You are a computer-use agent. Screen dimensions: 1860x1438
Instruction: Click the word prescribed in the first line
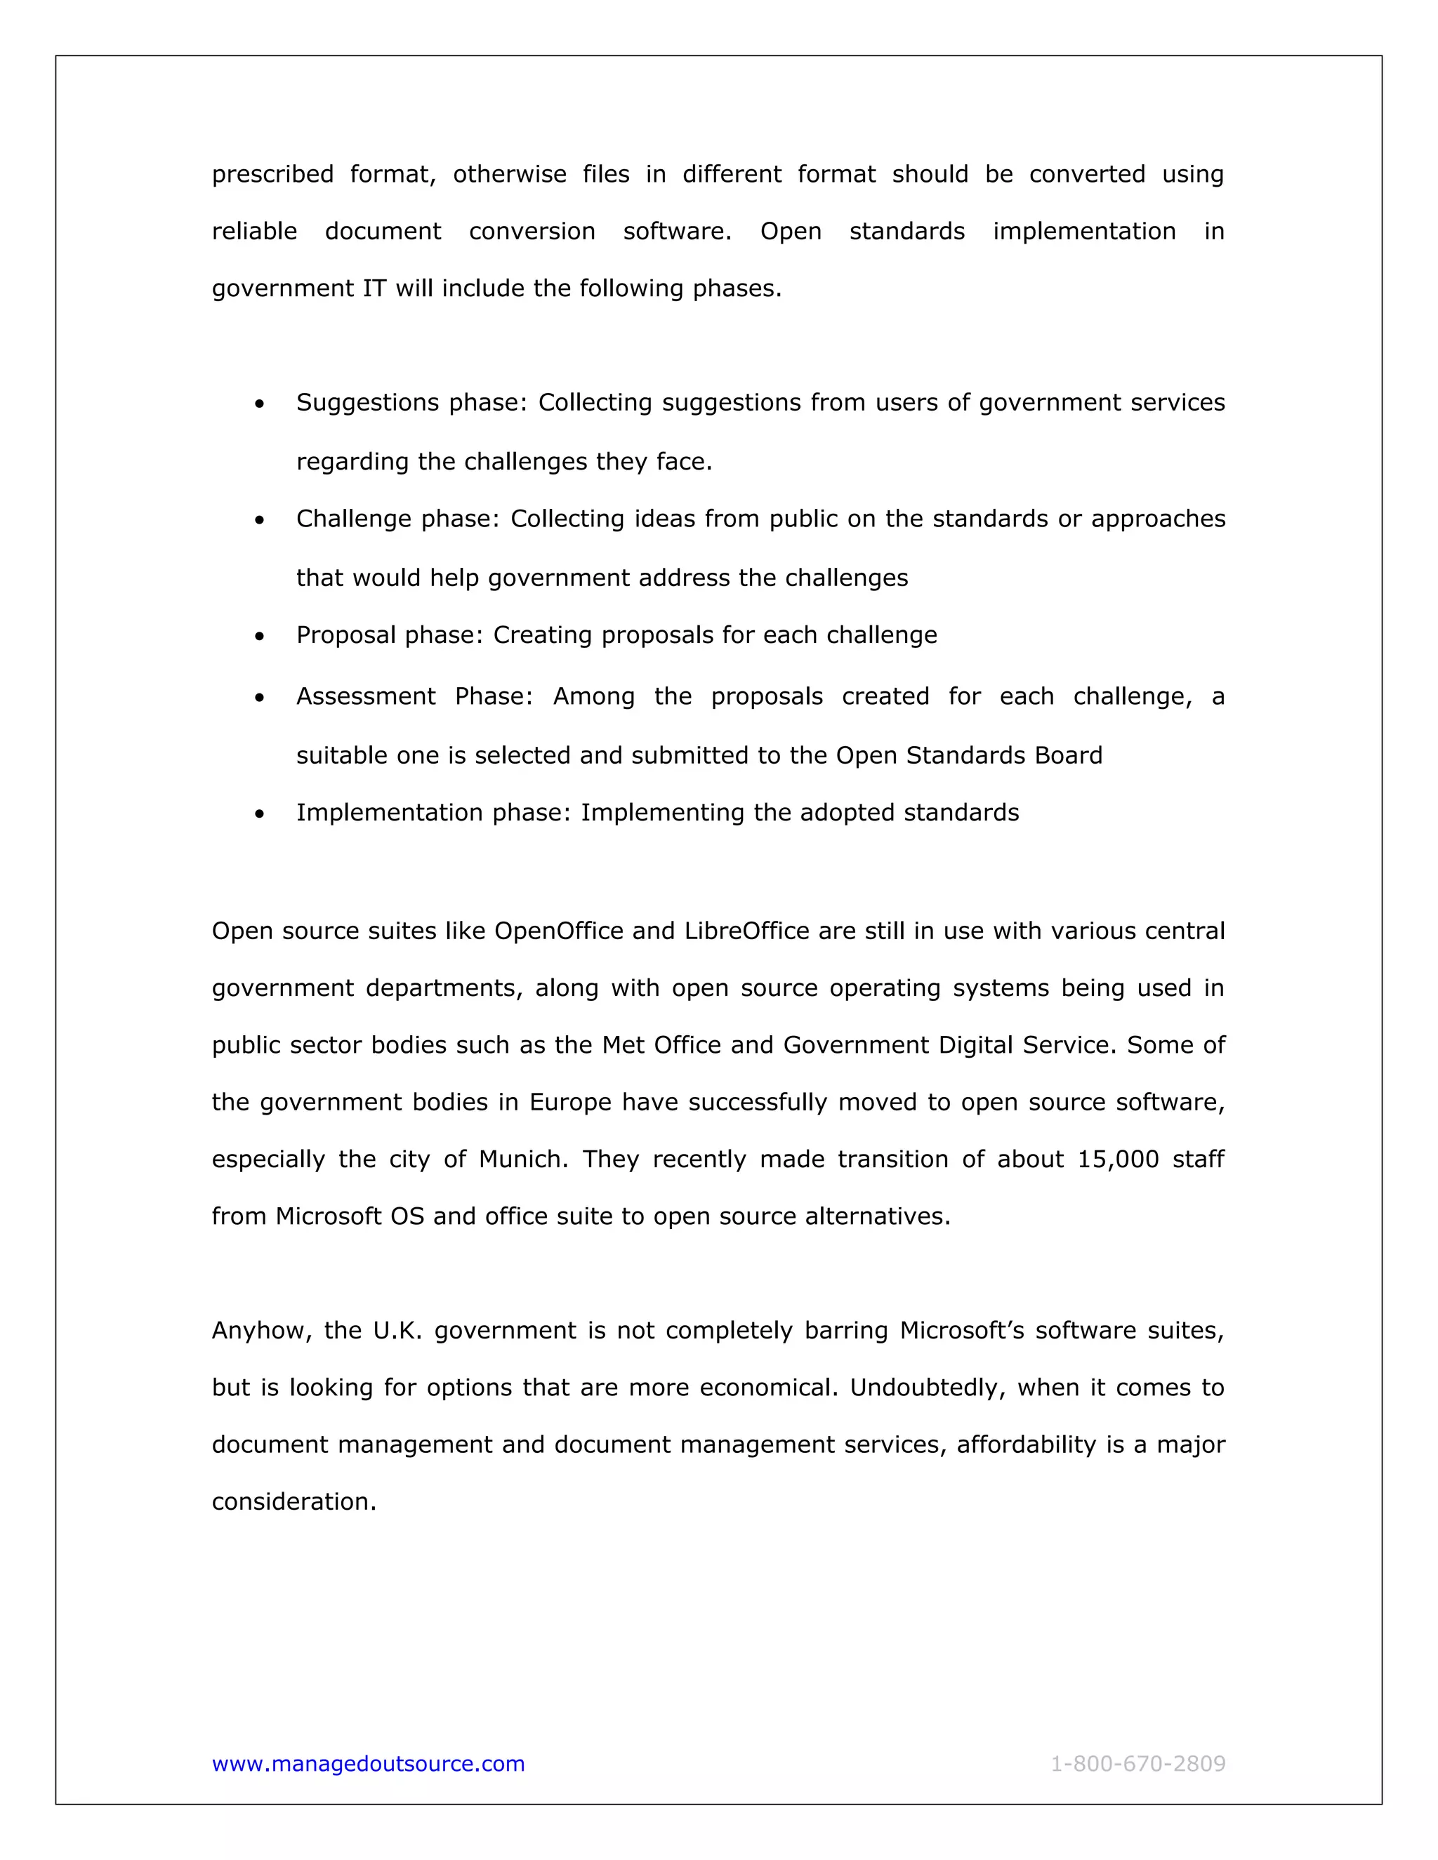tap(272, 175)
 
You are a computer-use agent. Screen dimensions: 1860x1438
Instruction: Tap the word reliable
tap(254, 232)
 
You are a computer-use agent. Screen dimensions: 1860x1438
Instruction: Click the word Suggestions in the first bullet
tap(367, 403)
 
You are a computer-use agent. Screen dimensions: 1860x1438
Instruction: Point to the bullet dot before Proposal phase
tap(259, 636)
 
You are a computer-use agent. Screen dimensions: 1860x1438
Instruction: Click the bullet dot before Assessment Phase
tap(259, 698)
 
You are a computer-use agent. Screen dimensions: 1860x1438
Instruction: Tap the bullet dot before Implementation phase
tap(259, 814)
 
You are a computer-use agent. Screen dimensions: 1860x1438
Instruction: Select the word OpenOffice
tap(559, 931)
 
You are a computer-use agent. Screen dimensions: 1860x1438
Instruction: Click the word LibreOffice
tap(746, 931)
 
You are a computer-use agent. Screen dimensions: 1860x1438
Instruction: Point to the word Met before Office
tap(623, 1045)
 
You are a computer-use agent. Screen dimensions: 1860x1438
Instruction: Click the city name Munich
tap(522, 1159)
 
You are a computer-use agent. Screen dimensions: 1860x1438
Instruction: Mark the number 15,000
tap(1118, 1159)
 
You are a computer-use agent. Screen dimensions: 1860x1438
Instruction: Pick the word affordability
tap(1026, 1444)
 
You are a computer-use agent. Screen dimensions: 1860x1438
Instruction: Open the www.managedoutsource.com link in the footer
tap(368, 1763)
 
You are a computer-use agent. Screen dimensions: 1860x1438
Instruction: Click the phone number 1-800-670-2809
tap(1137, 1763)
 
